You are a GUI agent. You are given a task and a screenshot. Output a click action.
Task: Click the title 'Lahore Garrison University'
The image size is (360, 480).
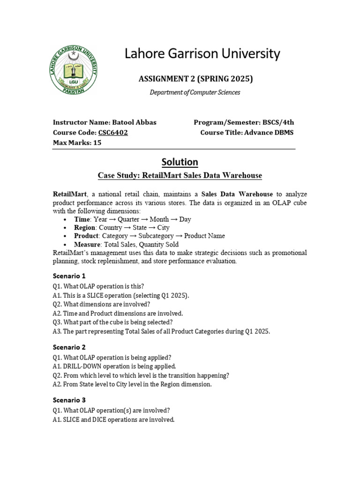(202, 54)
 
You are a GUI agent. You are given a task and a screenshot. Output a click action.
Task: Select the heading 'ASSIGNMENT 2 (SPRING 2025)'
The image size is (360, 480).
(195, 78)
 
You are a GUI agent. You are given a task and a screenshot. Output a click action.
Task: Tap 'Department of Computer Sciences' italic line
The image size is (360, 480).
(195, 92)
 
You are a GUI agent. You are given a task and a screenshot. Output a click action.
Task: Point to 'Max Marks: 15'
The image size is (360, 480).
(77, 142)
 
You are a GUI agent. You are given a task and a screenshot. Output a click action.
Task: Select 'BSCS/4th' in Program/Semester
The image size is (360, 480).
(278, 122)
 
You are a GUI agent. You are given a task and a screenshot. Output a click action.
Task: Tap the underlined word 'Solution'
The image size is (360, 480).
(180, 162)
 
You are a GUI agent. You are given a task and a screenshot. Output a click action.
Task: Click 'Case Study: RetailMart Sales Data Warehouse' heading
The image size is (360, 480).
(180, 175)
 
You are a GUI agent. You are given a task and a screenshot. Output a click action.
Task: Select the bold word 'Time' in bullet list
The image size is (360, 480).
(82, 219)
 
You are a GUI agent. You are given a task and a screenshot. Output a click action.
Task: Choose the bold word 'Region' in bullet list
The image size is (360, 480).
(85, 228)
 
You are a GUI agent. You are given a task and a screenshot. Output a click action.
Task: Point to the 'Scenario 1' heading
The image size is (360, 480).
(69, 276)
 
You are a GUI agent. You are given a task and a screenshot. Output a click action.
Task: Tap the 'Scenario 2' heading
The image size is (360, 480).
(69, 347)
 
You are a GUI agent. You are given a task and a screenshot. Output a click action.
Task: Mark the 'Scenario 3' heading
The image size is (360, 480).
(69, 400)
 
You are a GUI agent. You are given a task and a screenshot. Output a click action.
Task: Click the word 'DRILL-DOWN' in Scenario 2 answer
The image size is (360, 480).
(85, 366)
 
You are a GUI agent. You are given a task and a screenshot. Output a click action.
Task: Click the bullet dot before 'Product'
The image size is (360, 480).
(65, 236)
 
